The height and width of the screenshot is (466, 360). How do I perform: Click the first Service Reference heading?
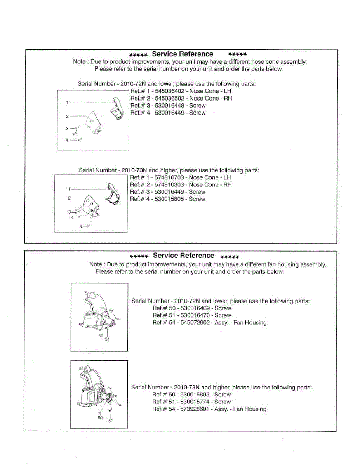(183, 54)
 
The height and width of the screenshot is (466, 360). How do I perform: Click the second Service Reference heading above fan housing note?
(183, 256)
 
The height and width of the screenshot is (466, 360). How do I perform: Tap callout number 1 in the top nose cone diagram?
(67, 103)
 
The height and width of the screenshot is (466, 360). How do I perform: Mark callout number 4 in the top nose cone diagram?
(67, 140)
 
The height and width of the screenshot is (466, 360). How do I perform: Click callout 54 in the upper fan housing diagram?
(87, 293)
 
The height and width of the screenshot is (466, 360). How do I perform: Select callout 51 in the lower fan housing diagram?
(111, 421)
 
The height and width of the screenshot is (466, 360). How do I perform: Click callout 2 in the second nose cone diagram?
(69, 198)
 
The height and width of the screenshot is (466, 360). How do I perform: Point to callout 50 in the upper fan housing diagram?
(101, 336)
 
